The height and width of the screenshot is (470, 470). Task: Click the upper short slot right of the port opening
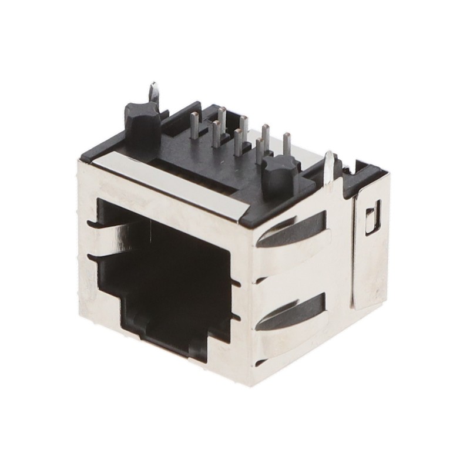[x=237, y=284]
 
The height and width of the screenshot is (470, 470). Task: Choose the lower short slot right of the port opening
[x=237, y=317]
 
